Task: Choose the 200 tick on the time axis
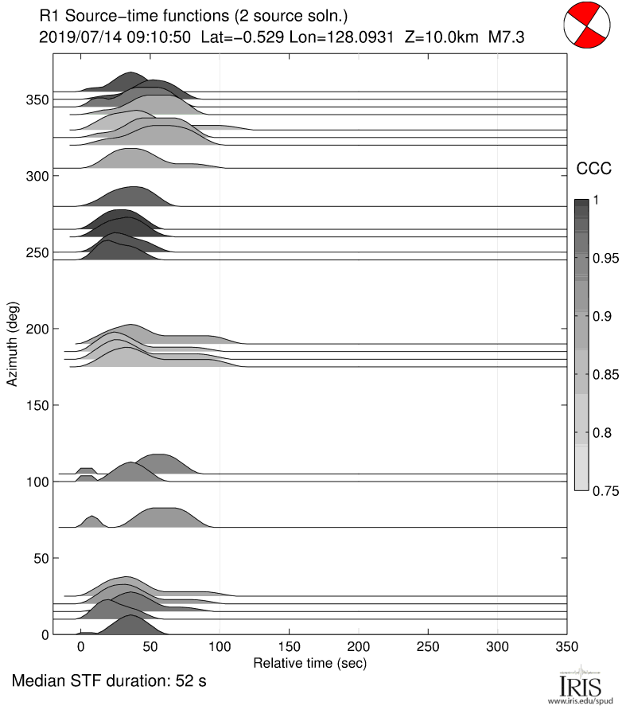(359, 648)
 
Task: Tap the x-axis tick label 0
(80, 648)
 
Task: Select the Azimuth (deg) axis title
(13, 344)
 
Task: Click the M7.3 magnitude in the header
(505, 36)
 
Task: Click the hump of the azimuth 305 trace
(131, 158)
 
